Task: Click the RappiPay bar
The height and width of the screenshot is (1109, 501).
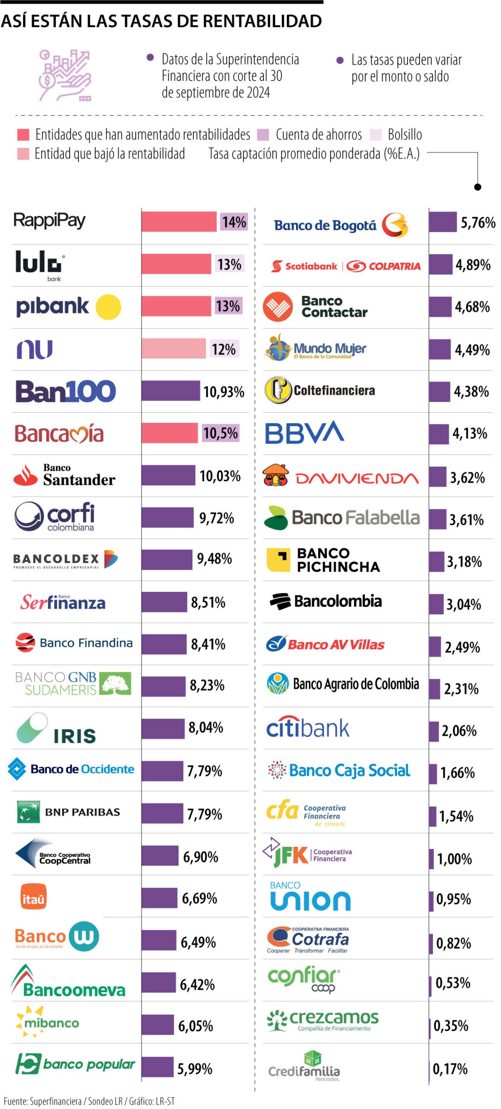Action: click(179, 221)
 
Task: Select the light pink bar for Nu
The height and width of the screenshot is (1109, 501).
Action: click(173, 348)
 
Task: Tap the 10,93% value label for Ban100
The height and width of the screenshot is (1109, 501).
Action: click(224, 392)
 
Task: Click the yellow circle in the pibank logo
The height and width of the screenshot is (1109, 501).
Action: click(108, 307)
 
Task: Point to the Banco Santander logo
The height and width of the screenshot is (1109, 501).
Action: click(64, 475)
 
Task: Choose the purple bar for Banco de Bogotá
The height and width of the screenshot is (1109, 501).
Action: click(442, 222)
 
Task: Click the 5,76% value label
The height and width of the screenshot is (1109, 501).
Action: click(478, 223)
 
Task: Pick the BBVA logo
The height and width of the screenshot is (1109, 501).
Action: click(304, 432)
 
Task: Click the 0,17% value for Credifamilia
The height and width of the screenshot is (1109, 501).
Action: click(450, 1069)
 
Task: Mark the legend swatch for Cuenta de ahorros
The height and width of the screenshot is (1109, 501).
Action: click(263, 135)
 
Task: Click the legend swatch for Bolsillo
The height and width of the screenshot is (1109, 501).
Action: click(375, 135)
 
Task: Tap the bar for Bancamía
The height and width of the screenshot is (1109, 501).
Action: click(169, 433)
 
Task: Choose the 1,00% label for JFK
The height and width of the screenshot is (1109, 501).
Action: click(454, 858)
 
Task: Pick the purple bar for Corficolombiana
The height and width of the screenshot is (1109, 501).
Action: click(167, 517)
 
